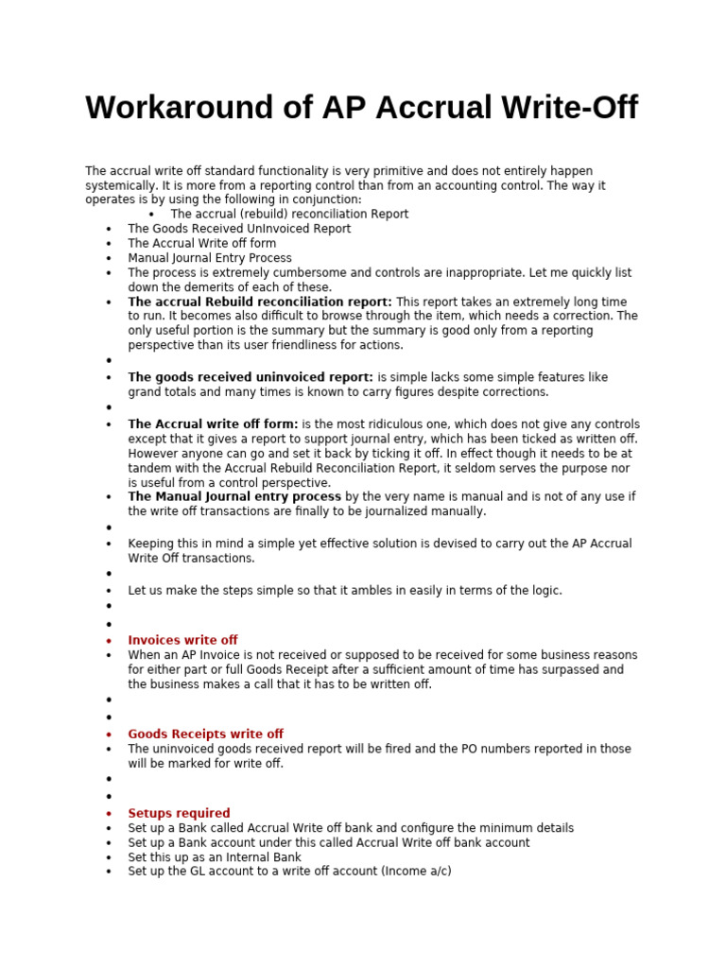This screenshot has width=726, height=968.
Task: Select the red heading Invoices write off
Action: click(x=182, y=640)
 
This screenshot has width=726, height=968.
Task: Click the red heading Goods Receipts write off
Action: click(x=205, y=734)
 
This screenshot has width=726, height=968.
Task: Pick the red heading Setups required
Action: click(x=179, y=813)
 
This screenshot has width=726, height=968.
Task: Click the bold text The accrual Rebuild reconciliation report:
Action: click(x=260, y=302)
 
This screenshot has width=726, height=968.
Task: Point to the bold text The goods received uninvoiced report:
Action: click(x=251, y=377)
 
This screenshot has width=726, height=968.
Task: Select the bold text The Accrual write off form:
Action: click(x=213, y=424)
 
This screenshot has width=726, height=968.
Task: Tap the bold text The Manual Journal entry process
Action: click(x=234, y=496)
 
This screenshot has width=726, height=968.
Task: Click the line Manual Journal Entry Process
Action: click(x=210, y=258)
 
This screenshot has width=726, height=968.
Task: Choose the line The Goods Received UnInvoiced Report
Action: click(x=239, y=229)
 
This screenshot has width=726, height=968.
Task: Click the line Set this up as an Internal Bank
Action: click(x=215, y=857)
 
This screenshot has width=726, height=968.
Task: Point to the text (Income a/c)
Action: click(x=416, y=871)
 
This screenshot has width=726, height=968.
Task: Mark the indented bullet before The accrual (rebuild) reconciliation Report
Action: click(x=151, y=215)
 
